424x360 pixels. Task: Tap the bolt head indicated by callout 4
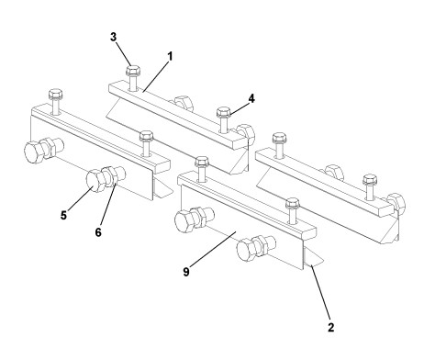222,112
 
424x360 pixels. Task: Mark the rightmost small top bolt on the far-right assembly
370,178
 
